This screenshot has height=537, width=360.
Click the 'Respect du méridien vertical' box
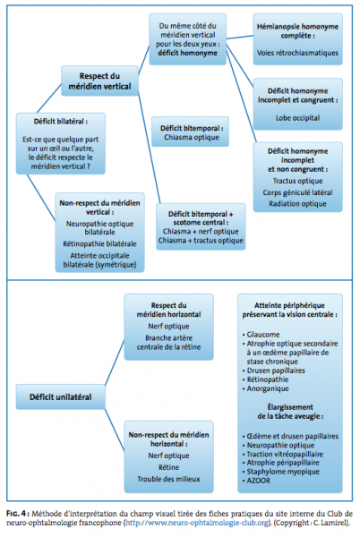99,81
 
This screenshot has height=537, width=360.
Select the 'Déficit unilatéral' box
60,396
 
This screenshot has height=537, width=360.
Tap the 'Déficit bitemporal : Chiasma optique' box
191,132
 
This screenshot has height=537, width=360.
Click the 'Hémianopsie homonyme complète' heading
297,30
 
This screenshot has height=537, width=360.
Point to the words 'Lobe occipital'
297,118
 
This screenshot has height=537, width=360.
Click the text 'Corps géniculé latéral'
297,192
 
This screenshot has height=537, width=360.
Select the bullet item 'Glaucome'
261,334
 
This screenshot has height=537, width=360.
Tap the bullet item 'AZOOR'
256,481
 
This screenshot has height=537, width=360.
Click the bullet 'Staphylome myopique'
281,472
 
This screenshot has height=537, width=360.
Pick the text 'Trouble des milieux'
168,479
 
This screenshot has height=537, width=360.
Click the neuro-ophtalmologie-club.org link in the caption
197,523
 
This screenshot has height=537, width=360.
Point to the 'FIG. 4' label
16,514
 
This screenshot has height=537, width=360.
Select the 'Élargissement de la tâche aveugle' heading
290,412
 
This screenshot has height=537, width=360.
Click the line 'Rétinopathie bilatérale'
99,243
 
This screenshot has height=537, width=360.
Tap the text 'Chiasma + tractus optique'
201,241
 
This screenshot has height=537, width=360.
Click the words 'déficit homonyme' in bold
187,53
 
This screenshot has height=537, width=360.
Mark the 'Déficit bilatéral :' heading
61,121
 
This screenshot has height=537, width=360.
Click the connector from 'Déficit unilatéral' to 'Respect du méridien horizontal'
115,362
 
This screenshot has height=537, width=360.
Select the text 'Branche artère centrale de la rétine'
168,342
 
